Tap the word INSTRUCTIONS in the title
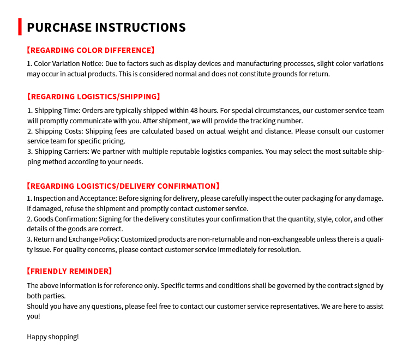(140, 27)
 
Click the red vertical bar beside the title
(20, 27)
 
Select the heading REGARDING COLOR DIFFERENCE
(91, 50)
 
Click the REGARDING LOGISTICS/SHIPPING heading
(93, 97)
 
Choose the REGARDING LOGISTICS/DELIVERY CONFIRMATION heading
(123, 186)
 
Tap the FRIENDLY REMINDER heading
(69, 271)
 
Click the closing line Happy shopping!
(53, 337)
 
